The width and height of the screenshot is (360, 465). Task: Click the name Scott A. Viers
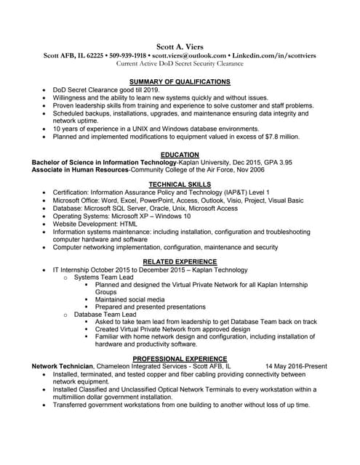tap(180, 46)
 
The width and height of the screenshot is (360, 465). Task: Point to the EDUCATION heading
tap(180, 155)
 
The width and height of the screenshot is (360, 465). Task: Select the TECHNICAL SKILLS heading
tap(180, 185)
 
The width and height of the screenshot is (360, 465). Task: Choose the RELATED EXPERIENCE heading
tap(180, 262)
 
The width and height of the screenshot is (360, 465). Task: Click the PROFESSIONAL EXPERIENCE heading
tap(180, 359)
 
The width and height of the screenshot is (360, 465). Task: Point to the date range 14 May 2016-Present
tap(296, 367)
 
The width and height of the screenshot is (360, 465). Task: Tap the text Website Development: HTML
tap(99, 225)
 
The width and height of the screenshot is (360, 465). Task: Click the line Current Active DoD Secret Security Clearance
tap(180, 64)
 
